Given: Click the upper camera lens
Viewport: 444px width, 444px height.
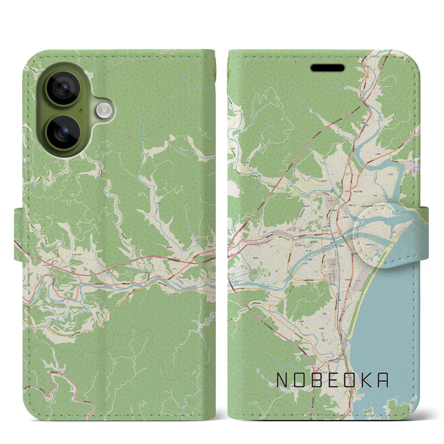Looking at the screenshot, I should coord(63,88).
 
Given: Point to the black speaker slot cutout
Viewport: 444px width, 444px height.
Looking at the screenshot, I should coord(327,68).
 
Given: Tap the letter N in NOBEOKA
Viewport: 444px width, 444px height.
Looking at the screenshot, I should coord(282,380).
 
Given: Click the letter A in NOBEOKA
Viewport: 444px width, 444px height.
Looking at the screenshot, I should coord(383,380).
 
